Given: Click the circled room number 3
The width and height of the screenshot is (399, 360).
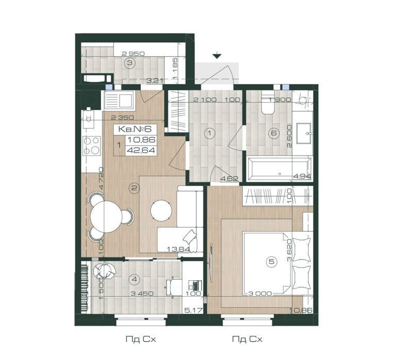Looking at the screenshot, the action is coord(130,62).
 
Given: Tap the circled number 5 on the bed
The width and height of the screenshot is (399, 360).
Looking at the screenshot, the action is coord(272,261).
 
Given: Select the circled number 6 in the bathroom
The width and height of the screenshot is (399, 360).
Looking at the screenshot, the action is coord(274,133).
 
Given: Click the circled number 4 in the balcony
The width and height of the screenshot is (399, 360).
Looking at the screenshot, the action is coord(135,280).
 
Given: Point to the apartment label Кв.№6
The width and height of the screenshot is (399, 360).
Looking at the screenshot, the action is coord(135,129).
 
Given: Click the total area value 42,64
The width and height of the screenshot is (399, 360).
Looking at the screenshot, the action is coord(141,150).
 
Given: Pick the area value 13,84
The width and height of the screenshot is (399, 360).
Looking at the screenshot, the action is coord(178,249).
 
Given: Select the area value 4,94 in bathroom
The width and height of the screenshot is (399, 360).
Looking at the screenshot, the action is coord(302,176).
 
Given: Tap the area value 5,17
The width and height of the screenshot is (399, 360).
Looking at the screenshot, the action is coord(194,310).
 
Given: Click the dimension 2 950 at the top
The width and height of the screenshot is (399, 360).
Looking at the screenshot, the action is coord(133,54).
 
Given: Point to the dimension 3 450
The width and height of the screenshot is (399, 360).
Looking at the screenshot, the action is coord(142,294).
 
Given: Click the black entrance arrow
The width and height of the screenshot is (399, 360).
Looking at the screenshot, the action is coord(217,56).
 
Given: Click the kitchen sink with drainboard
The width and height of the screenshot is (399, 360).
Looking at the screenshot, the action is coord(119,100).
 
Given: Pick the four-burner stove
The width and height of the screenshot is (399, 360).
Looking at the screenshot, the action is coord(91,146).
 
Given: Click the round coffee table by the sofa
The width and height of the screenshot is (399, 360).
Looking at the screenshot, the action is coord(161,211).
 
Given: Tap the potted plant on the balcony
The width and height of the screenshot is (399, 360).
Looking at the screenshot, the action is coord(104,271).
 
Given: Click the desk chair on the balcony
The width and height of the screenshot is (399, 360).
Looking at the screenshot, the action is coord(174,287).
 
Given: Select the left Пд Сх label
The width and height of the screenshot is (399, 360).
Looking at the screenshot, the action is coord(140,339).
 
